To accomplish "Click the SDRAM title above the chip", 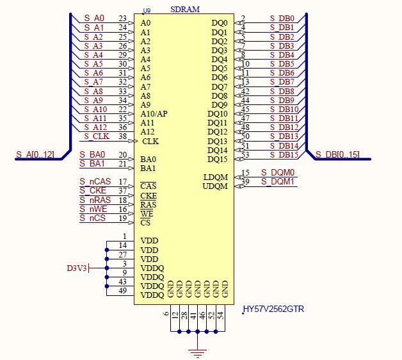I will (x=185, y=10).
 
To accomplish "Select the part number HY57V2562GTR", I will (x=273, y=309).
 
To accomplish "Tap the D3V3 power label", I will (x=77, y=268).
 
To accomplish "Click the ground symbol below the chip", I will (x=199, y=352).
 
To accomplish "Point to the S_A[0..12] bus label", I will (x=35, y=154).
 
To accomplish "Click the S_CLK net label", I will (x=96, y=136).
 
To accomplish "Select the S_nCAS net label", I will (x=95, y=182).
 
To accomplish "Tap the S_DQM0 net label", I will (x=278, y=173).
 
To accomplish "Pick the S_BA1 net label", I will (x=92, y=164).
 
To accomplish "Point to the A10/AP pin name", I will (x=154, y=114).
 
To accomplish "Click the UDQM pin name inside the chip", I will (x=215, y=186).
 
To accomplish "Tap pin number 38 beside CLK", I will (x=122, y=136).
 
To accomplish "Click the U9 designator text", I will (x=147, y=11).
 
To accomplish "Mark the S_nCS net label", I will (x=93, y=218).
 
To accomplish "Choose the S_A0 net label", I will (x=93, y=19).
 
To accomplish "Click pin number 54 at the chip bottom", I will (x=220, y=315).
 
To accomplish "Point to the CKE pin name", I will (x=149, y=196).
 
